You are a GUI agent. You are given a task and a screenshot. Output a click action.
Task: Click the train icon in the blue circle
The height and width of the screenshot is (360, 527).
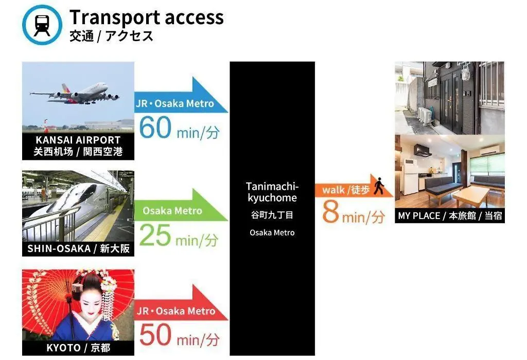pos(42,25)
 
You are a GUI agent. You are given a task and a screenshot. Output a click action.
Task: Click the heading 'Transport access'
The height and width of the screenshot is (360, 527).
pos(147,17)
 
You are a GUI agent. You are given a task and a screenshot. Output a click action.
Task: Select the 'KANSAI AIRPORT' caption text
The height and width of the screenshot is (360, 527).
pos(78,140)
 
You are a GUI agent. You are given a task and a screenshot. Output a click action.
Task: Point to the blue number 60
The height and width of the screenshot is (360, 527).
pos(155,127)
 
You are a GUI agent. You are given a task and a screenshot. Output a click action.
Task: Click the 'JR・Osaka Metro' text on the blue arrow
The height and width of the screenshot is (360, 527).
pos(175,103)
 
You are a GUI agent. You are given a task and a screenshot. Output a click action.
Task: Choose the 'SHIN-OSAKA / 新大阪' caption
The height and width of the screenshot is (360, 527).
pos(78,248)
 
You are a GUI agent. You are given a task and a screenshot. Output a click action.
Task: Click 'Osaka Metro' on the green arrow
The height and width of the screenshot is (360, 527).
pos(172,211)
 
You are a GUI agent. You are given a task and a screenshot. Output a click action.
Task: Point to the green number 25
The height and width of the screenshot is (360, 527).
pos(155,235)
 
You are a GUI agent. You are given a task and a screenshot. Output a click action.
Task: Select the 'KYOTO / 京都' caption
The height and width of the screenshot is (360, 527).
pos(78,348)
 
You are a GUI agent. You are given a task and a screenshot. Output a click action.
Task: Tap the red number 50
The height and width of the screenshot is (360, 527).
pos(155,334)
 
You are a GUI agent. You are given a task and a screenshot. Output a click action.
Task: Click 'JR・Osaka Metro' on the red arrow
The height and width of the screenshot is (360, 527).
pos(176,311)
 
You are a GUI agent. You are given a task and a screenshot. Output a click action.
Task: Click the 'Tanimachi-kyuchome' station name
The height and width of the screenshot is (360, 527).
pos(272,192)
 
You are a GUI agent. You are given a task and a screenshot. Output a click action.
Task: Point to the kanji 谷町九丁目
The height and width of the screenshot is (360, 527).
pos(272,215)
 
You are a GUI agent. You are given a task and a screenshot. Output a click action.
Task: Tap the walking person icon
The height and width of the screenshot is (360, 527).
pos(379,186)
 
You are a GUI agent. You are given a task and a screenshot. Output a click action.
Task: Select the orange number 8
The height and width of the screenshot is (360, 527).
pos(330,212)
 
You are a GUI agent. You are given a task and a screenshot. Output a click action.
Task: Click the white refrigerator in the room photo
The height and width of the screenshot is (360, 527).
pos(410,177)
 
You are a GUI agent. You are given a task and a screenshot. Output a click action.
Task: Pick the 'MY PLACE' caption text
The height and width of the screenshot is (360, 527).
pos(419,215)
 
